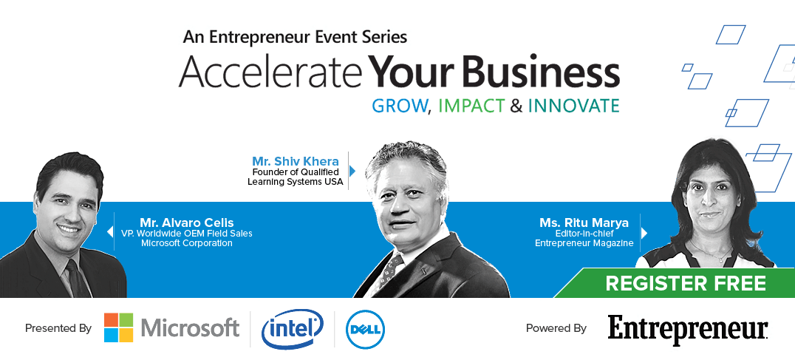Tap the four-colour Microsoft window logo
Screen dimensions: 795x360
click(x=119, y=327)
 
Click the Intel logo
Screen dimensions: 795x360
click(x=293, y=329)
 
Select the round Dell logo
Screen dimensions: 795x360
click(x=365, y=330)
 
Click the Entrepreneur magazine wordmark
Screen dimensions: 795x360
click(x=688, y=330)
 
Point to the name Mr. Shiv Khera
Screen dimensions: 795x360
click(x=296, y=161)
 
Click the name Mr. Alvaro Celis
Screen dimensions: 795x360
click(x=187, y=223)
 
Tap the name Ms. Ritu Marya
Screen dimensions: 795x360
click(x=584, y=223)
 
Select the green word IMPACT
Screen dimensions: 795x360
click(x=471, y=106)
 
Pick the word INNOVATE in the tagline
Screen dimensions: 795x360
click(x=573, y=106)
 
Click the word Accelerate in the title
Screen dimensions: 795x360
click(x=270, y=72)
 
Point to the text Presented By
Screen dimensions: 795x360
click(x=58, y=328)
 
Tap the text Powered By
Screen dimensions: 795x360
click(x=556, y=328)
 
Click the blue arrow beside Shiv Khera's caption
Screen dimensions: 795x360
click(x=352, y=171)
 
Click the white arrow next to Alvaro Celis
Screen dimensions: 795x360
click(x=109, y=231)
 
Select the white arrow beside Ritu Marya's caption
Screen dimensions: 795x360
click(x=644, y=233)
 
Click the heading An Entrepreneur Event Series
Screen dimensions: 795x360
click(x=295, y=37)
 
